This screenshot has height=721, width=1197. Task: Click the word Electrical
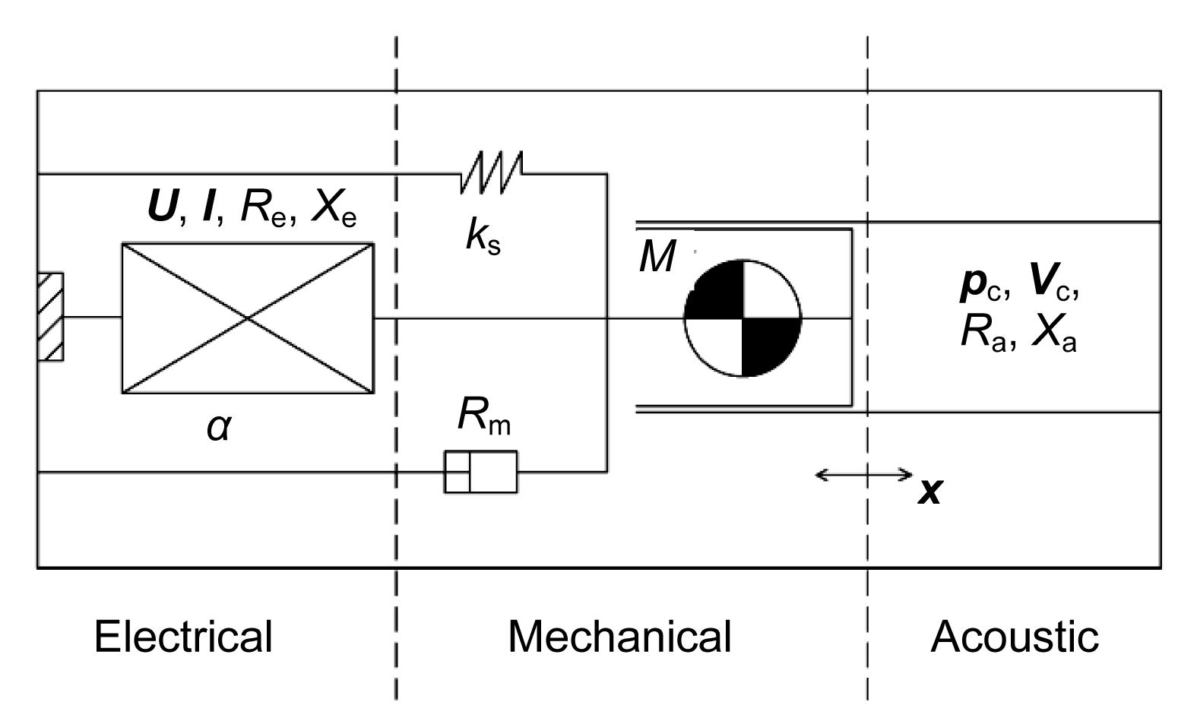tap(183, 636)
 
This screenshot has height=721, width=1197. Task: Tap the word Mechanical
tap(619, 636)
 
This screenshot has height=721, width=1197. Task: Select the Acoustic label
tap(1014, 636)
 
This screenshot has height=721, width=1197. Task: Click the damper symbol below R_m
tap(481, 472)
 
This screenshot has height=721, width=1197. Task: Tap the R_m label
tap(484, 416)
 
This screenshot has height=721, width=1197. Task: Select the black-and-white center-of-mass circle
tap(743, 318)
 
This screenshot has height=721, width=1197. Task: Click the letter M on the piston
tap(657, 257)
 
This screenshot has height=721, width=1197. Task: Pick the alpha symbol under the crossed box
tap(219, 428)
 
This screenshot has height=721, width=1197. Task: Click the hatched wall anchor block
tap(51, 316)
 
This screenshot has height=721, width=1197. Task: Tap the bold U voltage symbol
tap(161, 207)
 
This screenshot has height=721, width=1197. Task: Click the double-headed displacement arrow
tap(863, 476)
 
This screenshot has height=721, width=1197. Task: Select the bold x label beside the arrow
tap(929, 492)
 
